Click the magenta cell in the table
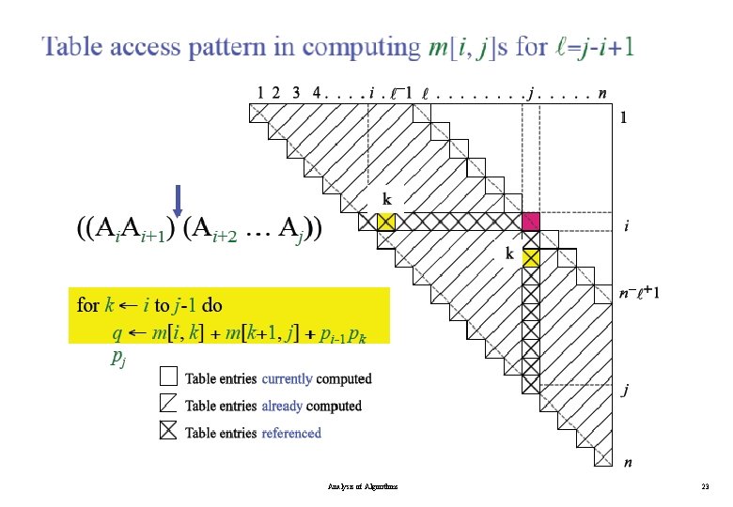tap(532, 222)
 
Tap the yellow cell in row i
tap(385, 222)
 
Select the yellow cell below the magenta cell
tap(532, 256)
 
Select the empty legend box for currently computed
tap(168, 377)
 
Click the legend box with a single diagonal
tap(168, 405)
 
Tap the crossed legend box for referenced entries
tap(168, 432)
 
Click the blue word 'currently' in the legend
tap(288, 378)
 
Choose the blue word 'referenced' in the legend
tap(291, 433)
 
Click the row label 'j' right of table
tap(622, 392)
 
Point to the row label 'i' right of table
tap(627, 226)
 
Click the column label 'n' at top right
tap(601, 92)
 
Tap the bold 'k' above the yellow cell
tap(386, 200)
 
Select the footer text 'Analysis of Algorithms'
tap(363, 486)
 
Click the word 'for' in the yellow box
tap(87, 305)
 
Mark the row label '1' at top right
tap(622, 118)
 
